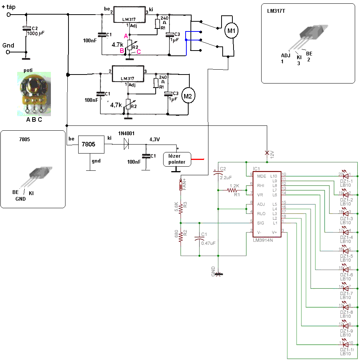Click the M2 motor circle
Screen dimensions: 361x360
pyautogui.click(x=188, y=96)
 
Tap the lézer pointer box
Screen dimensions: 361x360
pyautogui.click(x=177, y=159)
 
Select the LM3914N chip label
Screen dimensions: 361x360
pyautogui.click(x=263, y=240)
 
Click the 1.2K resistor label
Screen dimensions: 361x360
pyautogui.click(x=234, y=186)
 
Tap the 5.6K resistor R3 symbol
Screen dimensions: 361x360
pyautogui.click(x=181, y=208)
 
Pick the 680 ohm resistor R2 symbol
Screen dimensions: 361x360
pyautogui.click(x=181, y=237)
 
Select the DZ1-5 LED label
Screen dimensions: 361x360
pyautogui.click(x=347, y=258)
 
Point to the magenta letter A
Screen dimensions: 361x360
pyautogui.click(x=126, y=36)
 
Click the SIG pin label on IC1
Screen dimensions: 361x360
pyautogui.click(x=261, y=223)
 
